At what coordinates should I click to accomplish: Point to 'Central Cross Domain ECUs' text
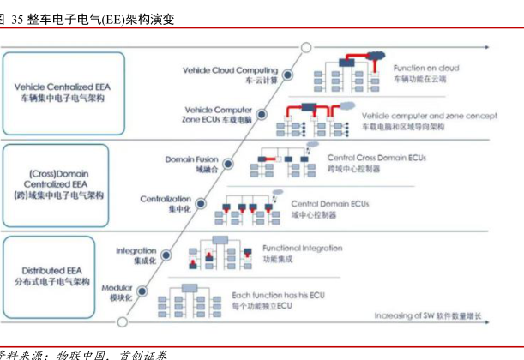(376, 159)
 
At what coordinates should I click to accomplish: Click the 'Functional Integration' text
(302, 248)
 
